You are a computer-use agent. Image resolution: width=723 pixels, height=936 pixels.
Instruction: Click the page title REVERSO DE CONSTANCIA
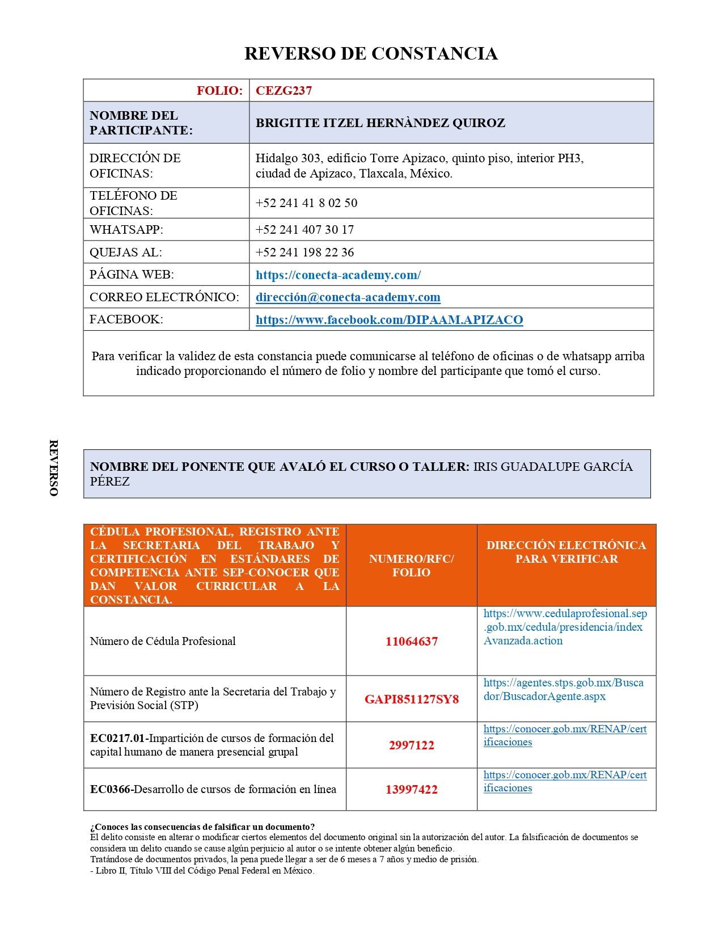(x=371, y=53)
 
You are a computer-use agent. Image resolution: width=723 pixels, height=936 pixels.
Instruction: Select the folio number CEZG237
(x=284, y=91)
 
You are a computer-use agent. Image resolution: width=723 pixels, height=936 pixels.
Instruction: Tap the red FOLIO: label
(x=219, y=91)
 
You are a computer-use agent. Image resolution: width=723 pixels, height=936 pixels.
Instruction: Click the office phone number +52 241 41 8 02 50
(x=306, y=203)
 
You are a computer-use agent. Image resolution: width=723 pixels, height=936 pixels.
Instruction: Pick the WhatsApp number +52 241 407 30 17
(x=305, y=230)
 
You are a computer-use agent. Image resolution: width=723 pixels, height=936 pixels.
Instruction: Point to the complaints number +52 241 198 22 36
(x=305, y=252)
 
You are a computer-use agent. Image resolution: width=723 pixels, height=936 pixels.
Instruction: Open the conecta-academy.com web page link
(x=338, y=275)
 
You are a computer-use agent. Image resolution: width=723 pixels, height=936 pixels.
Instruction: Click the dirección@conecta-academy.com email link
(x=348, y=297)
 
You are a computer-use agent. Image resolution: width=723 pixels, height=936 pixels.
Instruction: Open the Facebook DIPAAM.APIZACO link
(x=389, y=320)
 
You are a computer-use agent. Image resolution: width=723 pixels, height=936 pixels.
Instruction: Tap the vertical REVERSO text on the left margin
(x=54, y=468)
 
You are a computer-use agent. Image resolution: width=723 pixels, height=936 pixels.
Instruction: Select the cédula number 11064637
(x=411, y=642)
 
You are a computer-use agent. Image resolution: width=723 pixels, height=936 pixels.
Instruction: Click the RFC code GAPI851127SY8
(x=411, y=699)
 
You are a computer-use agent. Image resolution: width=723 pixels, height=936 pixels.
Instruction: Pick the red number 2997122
(x=411, y=745)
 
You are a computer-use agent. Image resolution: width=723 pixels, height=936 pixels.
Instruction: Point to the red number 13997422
(x=411, y=790)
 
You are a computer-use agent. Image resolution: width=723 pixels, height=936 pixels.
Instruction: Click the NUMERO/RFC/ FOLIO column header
(x=411, y=566)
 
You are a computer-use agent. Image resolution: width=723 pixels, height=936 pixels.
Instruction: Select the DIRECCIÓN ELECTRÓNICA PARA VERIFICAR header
(x=566, y=552)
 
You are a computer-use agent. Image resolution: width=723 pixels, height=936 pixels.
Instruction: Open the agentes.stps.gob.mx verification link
(x=563, y=689)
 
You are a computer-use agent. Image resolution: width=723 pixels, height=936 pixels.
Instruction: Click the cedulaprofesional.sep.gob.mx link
(x=565, y=627)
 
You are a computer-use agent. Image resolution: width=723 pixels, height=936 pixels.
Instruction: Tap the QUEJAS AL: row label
(x=125, y=252)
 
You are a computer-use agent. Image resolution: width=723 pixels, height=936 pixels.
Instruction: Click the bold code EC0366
(x=110, y=790)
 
